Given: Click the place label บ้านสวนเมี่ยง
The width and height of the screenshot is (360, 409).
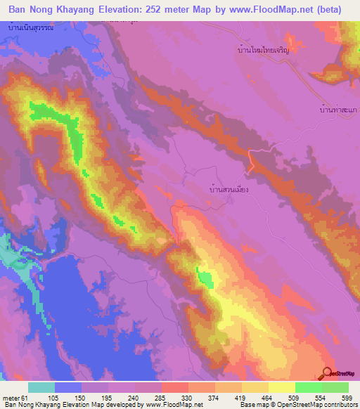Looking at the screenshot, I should pos(229,189).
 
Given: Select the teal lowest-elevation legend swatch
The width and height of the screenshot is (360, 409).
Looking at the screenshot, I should pos(41,387).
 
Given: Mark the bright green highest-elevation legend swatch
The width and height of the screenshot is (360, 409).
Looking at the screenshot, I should pos(335,387).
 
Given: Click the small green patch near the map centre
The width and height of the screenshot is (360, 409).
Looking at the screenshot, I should pos(205,278).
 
